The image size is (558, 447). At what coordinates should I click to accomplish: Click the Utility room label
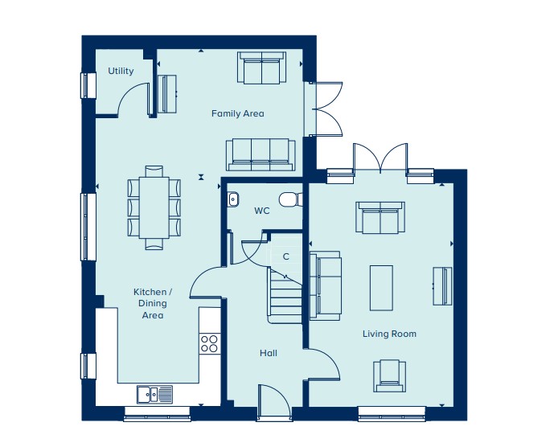tap(121, 72)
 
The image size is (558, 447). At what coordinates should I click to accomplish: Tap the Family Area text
tap(238, 113)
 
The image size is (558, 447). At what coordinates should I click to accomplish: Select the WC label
tap(262, 211)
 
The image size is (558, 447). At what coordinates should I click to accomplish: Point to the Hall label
tap(269, 353)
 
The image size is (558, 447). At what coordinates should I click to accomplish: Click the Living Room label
tap(389, 334)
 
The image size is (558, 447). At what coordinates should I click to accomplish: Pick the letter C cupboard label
tap(286, 256)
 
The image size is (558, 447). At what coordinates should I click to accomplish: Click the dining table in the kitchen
tap(154, 207)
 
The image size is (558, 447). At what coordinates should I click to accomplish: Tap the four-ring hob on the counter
tap(209, 343)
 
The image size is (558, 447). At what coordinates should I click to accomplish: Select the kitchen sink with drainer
tap(155, 394)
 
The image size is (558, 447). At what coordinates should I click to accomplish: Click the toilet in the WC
tap(291, 199)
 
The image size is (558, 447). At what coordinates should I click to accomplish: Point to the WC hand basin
tap(233, 199)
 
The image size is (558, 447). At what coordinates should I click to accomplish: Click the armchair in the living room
tap(390, 375)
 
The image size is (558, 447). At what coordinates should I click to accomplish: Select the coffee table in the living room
tap(381, 288)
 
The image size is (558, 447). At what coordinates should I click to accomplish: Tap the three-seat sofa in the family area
tap(261, 154)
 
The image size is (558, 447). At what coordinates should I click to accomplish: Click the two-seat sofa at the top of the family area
tap(262, 68)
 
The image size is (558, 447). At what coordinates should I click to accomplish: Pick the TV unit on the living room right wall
tap(442, 286)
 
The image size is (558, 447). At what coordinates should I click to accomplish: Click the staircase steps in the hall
tap(285, 296)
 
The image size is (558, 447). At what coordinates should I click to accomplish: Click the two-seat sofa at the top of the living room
tap(380, 218)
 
